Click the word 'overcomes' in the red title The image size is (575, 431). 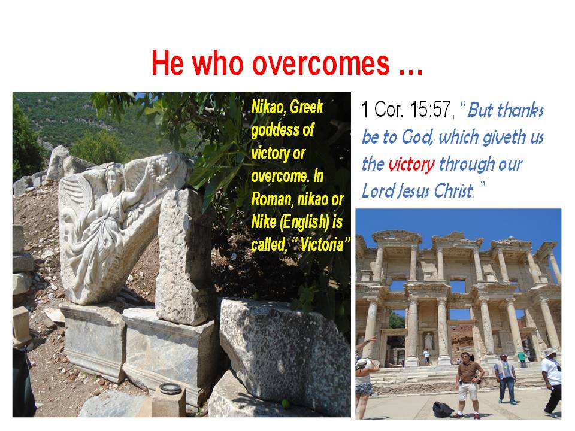pyautogui.click(x=321, y=63)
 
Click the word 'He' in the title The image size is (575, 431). pyautogui.click(x=168, y=63)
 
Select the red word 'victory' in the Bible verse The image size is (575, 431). pyautogui.click(x=411, y=164)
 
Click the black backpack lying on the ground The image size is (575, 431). pyautogui.click(x=443, y=409)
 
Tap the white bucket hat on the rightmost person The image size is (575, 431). pyautogui.click(x=550, y=352)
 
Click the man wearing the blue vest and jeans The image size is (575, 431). pyautogui.click(x=506, y=378)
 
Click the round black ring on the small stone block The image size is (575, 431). pyautogui.click(x=170, y=388)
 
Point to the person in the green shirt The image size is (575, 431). pyautogui.click(x=522, y=359)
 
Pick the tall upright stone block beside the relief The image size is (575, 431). pyautogui.click(x=184, y=257)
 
